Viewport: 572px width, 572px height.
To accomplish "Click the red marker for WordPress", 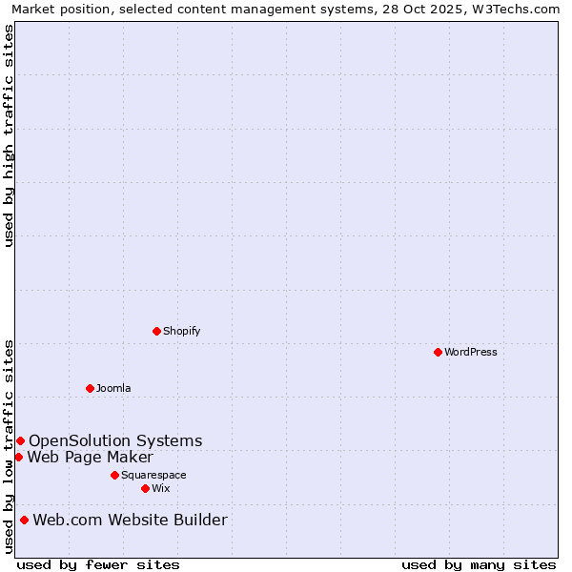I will point(438,352).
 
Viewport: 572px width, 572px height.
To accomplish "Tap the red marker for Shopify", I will point(157,331).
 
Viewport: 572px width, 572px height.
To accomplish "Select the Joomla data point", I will point(91,388).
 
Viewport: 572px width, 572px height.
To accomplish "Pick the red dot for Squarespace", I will point(114,475).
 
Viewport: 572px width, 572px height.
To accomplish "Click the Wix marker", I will point(145,488).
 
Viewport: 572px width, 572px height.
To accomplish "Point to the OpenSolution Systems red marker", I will point(20,440).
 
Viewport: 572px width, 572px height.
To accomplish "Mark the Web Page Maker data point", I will point(18,457).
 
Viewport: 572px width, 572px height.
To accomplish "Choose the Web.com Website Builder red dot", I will point(24,520).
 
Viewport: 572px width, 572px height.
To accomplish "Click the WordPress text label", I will point(471,352).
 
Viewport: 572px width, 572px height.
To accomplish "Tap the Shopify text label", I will point(182,331).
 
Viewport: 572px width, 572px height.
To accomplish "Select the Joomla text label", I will point(113,388).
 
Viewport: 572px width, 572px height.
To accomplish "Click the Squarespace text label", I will point(153,475).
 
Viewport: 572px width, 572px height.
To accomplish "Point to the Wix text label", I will point(160,488).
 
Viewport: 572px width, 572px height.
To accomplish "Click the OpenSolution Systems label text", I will point(115,440).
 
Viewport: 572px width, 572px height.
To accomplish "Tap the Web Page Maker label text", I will point(90,457).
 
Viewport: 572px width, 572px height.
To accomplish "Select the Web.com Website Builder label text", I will point(130,520).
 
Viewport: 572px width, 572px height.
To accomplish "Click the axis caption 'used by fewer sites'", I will point(98,564).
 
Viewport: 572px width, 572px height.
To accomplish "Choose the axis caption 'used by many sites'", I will point(479,564).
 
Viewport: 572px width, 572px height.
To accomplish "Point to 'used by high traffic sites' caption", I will point(9,135).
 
